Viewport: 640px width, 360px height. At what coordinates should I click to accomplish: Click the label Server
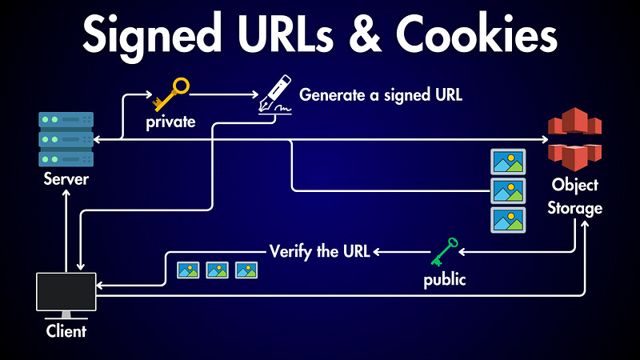[66, 179]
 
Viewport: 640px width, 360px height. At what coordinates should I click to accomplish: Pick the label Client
[66, 330]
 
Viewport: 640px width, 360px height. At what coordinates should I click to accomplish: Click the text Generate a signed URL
[381, 94]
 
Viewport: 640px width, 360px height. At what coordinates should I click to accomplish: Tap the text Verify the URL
[319, 251]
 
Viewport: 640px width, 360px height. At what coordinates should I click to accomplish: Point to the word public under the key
[445, 281]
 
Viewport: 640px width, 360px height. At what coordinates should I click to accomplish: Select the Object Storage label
[576, 196]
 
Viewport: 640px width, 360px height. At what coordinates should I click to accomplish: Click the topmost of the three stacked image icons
[507, 162]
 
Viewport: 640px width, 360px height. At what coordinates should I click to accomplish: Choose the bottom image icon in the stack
[507, 219]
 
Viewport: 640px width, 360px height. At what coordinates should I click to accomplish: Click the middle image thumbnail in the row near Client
[217, 270]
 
